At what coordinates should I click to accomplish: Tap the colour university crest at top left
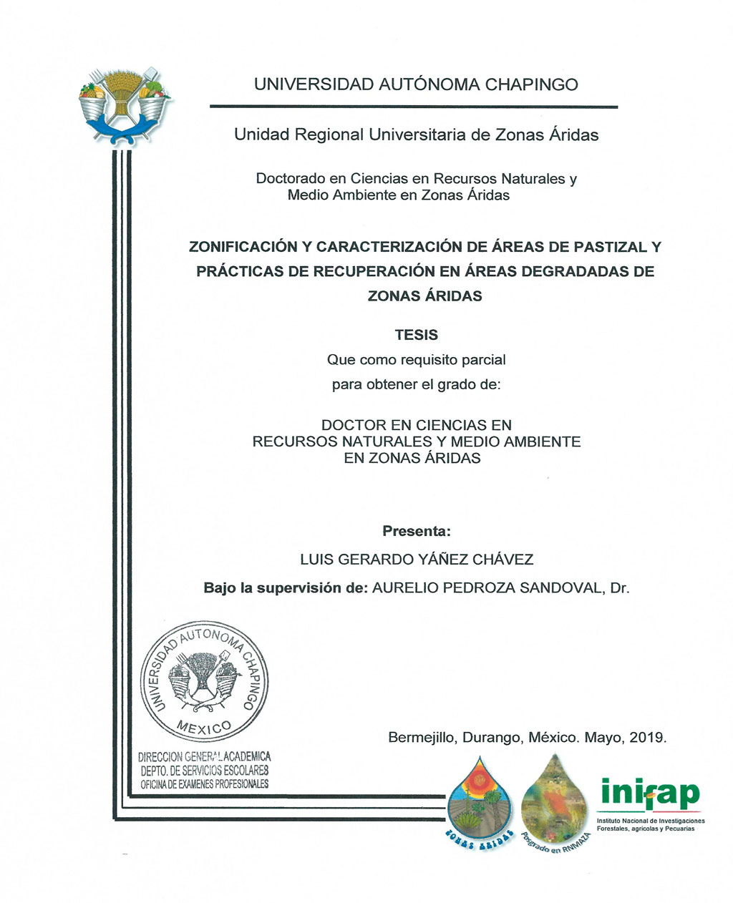click(x=122, y=104)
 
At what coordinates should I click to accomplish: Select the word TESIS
click(x=417, y=335)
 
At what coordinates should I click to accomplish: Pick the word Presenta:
click(x=417, y=532)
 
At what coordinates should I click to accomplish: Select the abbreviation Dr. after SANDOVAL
click(x=619, y=588)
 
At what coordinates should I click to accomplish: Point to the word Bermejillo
click(x=420, y=738)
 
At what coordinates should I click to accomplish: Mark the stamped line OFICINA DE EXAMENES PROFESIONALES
click(x=205, y=784)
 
